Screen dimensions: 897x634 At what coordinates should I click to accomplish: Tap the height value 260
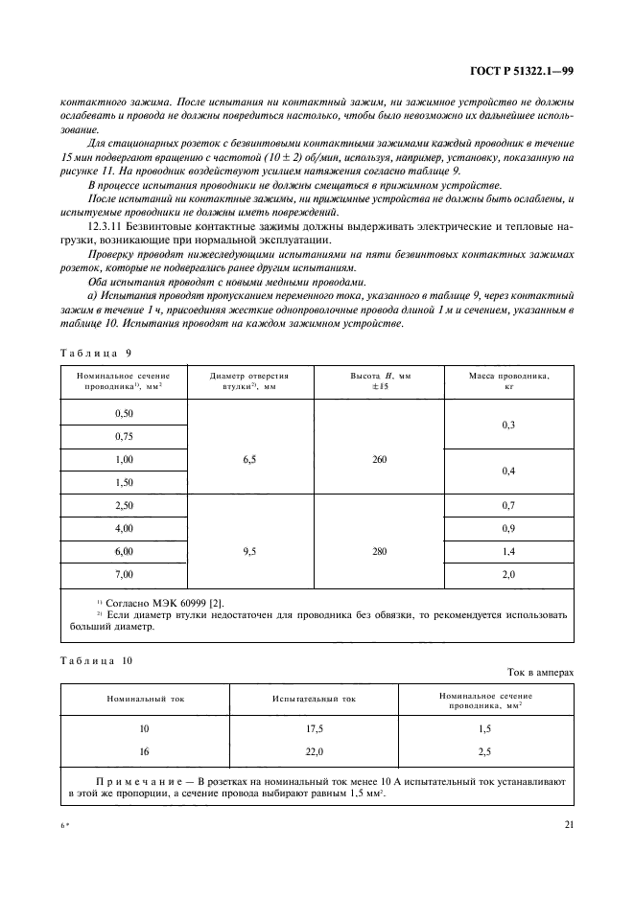[379, 459]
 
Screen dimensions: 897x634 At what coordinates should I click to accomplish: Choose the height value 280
[379, 553]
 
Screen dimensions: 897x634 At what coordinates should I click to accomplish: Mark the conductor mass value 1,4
[509, 553]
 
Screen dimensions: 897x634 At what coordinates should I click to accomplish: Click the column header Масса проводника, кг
[509, 381]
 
